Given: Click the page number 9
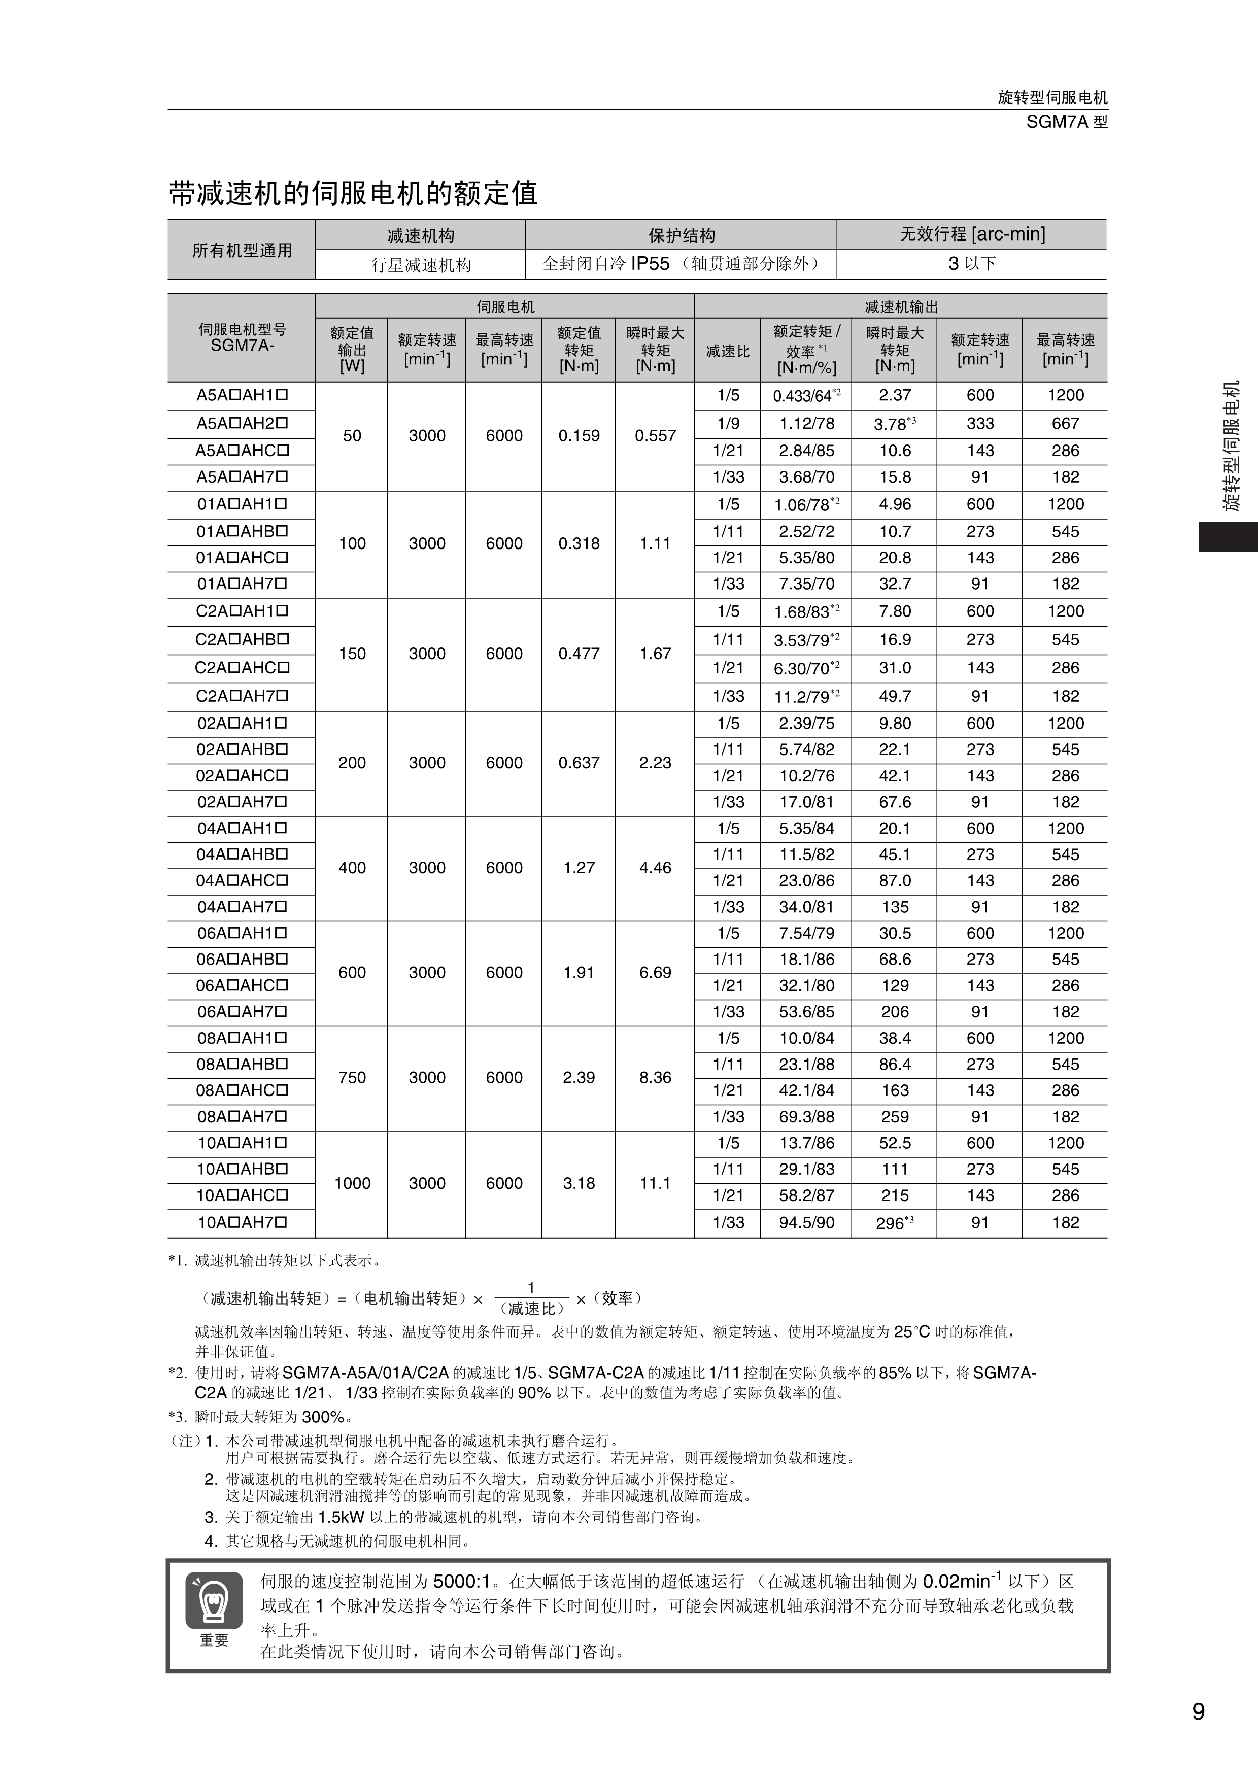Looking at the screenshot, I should [1198, 1711].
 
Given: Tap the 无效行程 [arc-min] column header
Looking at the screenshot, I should [972, 234].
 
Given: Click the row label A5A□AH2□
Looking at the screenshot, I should [242, 423].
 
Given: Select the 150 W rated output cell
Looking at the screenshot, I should [352, 654].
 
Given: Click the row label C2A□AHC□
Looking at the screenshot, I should [242, 668].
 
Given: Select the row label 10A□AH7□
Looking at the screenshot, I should [242, 1222].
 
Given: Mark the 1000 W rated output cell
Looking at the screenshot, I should [352, 1183].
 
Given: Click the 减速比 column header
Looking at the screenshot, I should [727, 351].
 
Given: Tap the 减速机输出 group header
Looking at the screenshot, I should [901, 307].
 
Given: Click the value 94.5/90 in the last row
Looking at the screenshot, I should [806, 1222].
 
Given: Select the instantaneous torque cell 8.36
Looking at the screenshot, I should [655, 1078].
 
